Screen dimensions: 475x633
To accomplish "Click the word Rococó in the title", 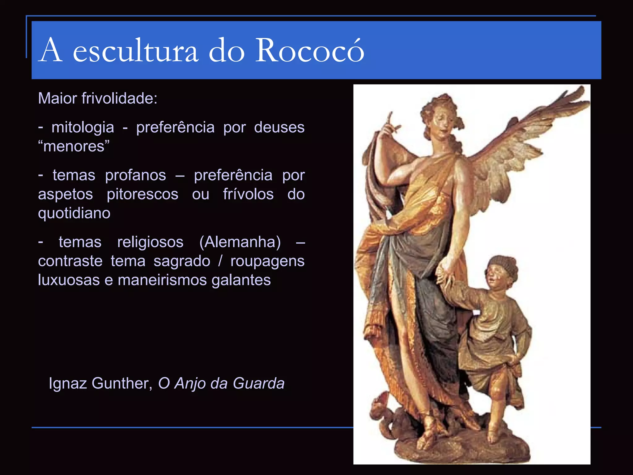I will click(x=310, y=50).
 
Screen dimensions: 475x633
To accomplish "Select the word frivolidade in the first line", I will click(x=119, y=98).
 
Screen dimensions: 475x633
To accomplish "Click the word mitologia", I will click(x=83, y=127).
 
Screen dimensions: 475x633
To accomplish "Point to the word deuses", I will click(x=279, y=127).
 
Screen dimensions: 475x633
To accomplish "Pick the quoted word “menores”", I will click(x=74, y=146).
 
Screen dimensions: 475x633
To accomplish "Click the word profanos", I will click(x=135, y=175).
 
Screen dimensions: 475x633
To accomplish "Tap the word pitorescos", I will click(x=142, y=194).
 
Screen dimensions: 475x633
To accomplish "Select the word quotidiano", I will click(x=74, y=213).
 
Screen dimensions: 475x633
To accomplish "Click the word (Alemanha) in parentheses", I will click(x=240, y=242).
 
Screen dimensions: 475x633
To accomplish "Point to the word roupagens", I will click(x=267, y=261).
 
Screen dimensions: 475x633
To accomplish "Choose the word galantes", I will click(x=241, y=280).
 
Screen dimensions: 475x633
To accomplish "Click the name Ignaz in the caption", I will click(x=68, y=383).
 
